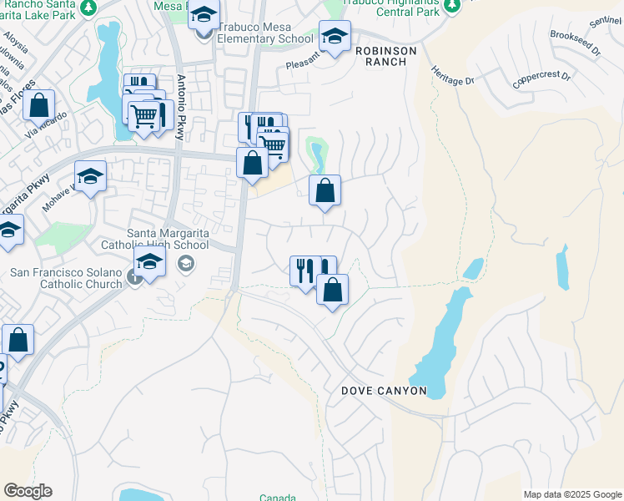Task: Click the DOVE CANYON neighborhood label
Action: (385, 391)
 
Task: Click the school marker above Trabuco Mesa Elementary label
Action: (204, 16)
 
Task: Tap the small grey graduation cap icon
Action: (186, 265)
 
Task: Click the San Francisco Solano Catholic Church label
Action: (66, 278)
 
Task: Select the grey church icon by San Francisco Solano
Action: (136, 278)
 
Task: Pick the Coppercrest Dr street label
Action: (541, 79)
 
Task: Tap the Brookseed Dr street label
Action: (575, 43)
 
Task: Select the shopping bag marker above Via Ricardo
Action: (38, 106)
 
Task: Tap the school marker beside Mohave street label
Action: (90, 176)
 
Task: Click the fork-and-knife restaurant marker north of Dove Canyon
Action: (304, 270)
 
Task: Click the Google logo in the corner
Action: (28, 491)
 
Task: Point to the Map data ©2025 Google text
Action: (571, 494)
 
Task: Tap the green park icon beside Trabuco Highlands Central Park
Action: (452, 5)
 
